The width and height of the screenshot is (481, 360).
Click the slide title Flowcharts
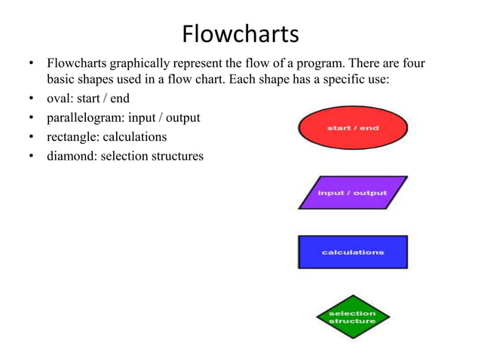pos(240,34)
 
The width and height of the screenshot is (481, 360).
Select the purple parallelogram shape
pos(352,193)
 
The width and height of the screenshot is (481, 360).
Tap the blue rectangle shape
pos(352,252)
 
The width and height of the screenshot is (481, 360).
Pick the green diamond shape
pos(351,317)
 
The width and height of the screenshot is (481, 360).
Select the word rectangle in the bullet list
pos(74,137)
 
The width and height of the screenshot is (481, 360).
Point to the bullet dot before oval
pos(29,99)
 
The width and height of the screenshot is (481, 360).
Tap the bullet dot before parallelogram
pos(29,119)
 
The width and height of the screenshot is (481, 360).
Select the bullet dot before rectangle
pos(29,139)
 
